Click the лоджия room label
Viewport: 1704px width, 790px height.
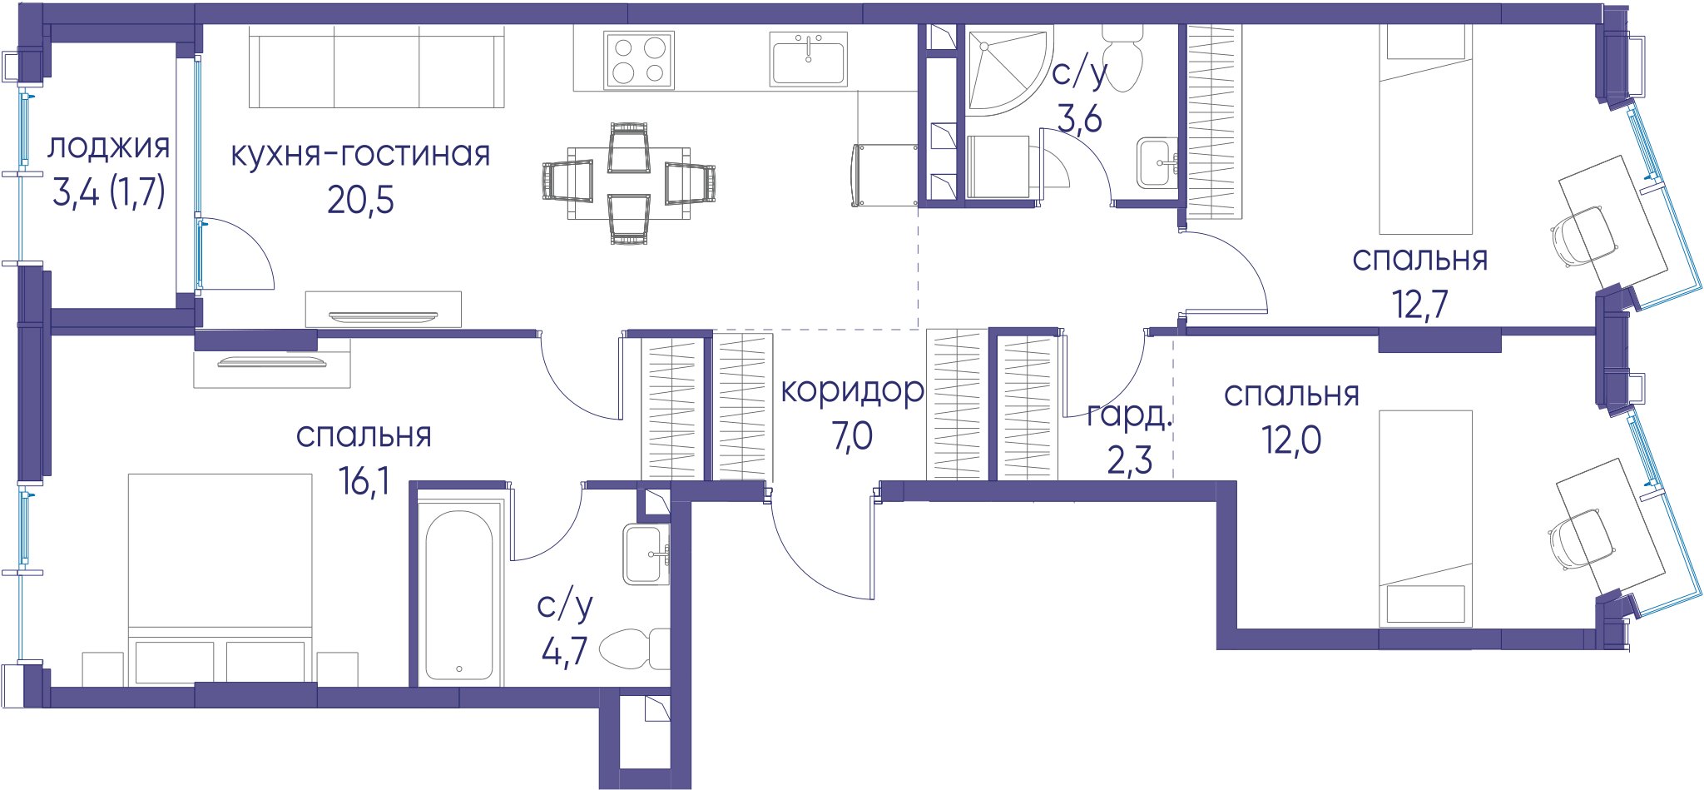click(x=109, y=147)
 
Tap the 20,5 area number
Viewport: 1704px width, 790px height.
click(x=360, y=200)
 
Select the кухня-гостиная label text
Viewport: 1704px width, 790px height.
click(x=360, y=155)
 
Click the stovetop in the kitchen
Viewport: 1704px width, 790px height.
click(x=639, y=60)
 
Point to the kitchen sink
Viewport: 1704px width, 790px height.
click(x=809, y=59)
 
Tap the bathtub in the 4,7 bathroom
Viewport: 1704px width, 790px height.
click(x=459, y=594)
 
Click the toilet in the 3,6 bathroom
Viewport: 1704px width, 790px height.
click(x=1122, y=57)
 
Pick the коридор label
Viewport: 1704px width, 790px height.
click(x=852, y=390)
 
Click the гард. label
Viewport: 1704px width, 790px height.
click(x=1129, y=414)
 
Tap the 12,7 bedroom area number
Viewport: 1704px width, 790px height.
click(x=1420, y=305)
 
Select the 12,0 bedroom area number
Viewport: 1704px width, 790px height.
click(x=1291, y=440)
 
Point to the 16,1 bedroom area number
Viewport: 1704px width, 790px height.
click(x=364, y=481)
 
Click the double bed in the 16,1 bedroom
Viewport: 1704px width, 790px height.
click(x=220, y=579)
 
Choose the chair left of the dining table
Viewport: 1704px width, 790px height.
click(x=567, y=181)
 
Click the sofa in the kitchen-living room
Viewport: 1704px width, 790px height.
click(x=377, y=67)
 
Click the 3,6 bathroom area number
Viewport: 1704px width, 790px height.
click(x=1079, y=119)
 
